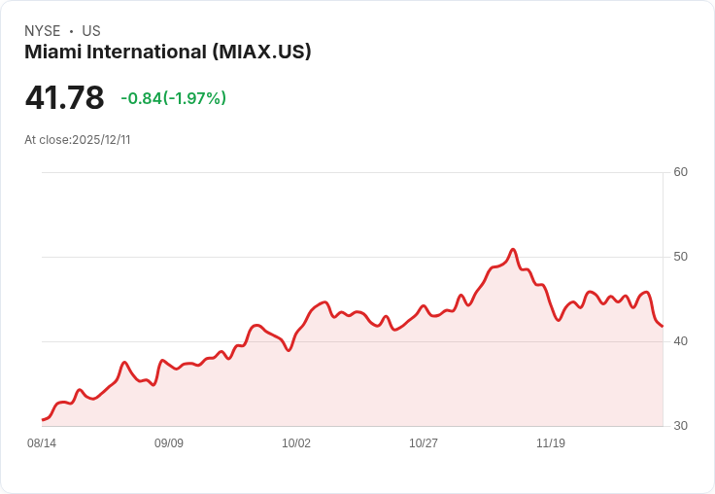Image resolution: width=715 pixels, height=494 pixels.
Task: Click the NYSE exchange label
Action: click(x=43, y=31)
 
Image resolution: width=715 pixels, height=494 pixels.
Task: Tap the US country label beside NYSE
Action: click(x=91, y=31)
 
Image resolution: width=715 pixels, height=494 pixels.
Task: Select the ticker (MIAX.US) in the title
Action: click(x=261, y=53)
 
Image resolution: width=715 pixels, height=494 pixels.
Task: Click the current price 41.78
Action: click(x=64, y=98)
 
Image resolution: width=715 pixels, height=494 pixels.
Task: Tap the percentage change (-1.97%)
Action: click(x=194, y=98)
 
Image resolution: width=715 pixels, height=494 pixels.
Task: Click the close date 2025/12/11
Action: click(x=101, y=140)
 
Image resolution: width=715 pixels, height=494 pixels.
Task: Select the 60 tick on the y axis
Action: click(x=680, y=172)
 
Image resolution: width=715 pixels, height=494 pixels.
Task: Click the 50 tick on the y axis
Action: click(x=680, y=257)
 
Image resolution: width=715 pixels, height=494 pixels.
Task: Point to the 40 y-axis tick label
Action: click(x=680, y=341)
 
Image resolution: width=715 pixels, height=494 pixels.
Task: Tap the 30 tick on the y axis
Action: click(x=680, y=426)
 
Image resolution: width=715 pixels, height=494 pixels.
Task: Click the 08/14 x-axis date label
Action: click(x=42, y=443)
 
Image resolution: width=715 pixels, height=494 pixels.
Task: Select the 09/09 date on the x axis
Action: click(x=169, y=443)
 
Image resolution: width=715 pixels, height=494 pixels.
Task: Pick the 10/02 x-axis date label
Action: click(x=296, y=443)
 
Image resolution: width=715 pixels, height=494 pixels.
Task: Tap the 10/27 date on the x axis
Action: click(x=424, y=443)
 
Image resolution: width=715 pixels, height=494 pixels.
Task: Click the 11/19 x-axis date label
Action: click(x=551, y=443)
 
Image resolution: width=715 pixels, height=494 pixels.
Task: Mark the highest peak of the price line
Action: click(x=513, y=249)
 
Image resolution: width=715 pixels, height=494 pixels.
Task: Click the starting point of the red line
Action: click(x=43, y=420)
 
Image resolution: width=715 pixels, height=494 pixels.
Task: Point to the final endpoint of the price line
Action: click(x=663, y=326)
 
